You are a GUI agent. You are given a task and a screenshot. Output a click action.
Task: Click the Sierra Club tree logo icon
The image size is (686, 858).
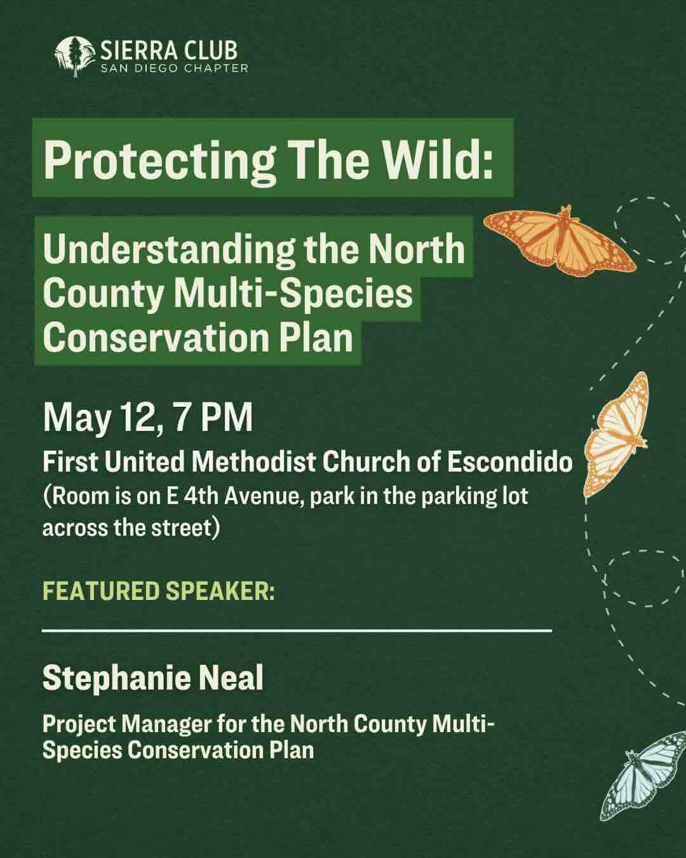75,56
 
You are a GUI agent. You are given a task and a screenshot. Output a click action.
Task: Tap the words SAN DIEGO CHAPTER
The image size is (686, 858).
175,68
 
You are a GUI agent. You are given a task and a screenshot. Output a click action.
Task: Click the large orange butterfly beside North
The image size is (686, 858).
560,241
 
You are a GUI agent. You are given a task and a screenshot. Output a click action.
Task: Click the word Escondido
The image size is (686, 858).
509,462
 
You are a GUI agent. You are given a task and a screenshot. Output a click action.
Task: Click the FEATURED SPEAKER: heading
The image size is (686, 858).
159,590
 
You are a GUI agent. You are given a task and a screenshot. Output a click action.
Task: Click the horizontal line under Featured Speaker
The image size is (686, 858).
297,631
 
